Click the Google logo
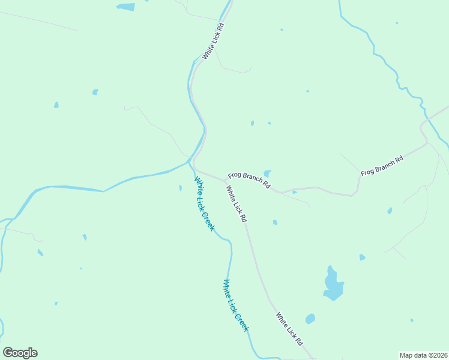[x=20, y=353]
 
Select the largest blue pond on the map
[x=333, y=283]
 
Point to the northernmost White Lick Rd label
[x=213, y=41]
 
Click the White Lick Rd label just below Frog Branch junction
[x=237, y=204]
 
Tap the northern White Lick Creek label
[x=204, y=204]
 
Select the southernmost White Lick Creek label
[x=236, y=305]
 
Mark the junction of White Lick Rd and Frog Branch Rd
[x=225, y=179]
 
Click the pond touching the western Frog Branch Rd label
[x=267, y=174]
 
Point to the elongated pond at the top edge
[x=126, y=7]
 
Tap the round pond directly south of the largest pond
[x=310, y=319]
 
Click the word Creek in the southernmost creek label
[x=241, y=319]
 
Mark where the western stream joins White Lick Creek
[x=189, y=161]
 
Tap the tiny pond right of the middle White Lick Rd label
[x=275, y=223]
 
